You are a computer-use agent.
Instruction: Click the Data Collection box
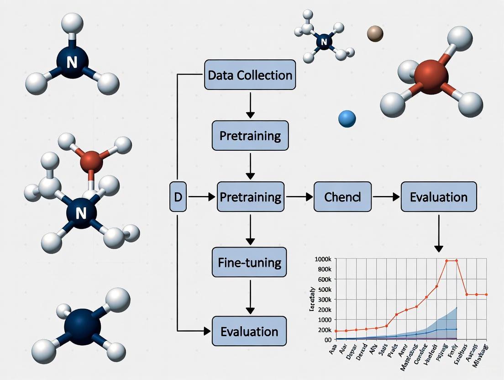[x=250, y=74]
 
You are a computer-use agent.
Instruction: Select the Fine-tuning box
[x=250, y=263]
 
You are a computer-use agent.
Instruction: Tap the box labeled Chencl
[x=342, y=197]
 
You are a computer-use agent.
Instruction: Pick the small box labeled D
[x=178, y=197]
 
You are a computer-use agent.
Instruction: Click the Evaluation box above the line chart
[x=438, y=197]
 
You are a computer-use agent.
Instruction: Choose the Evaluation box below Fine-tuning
[x=250, y=331]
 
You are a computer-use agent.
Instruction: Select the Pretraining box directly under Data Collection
[x=250, y=136]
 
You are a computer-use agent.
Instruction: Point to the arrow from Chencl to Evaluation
[x=386, y=197]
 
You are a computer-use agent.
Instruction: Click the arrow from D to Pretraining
[x=201, y=197]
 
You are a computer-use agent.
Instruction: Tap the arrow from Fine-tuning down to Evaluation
[x=250, y=296]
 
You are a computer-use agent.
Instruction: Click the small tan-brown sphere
[x=375, y=33]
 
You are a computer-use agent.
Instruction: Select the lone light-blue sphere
[x=347, y=119]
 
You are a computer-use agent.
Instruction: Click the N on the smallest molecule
[x=324, y=42]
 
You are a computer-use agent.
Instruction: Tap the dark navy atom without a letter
[x=83, y=325]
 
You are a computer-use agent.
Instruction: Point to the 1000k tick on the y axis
[x=323, y=259]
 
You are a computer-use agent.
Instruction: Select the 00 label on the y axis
[x=327, y=340]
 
